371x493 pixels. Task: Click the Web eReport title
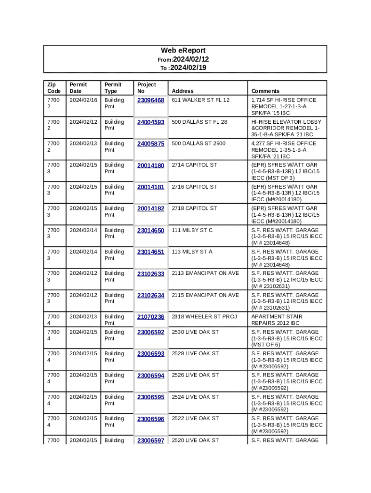tap(183, 51)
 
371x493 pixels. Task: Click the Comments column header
tap(265, 91)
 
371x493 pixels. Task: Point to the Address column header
tap(183, 91)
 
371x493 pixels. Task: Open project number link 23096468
tap(151, 100)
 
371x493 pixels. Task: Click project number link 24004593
tap(151, 122)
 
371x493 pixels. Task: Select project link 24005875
tap(151, 143)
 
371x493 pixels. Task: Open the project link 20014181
tap(151, 187)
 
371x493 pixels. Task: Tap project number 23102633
tap(151, 273)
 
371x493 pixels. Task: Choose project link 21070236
tap(151, 317)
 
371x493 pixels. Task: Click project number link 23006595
tap(151, 397)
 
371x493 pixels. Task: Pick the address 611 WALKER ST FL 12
tap(200, 100)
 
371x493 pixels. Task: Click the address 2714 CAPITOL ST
tap(194, 165)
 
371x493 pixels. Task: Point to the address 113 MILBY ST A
tap(192, 252)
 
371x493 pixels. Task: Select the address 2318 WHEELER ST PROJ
tap(204, 317)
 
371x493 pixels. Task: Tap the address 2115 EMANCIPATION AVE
tap(205, 295)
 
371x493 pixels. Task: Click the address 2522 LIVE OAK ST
tap(195, 419)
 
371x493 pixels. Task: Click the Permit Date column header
tap(78, 88)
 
